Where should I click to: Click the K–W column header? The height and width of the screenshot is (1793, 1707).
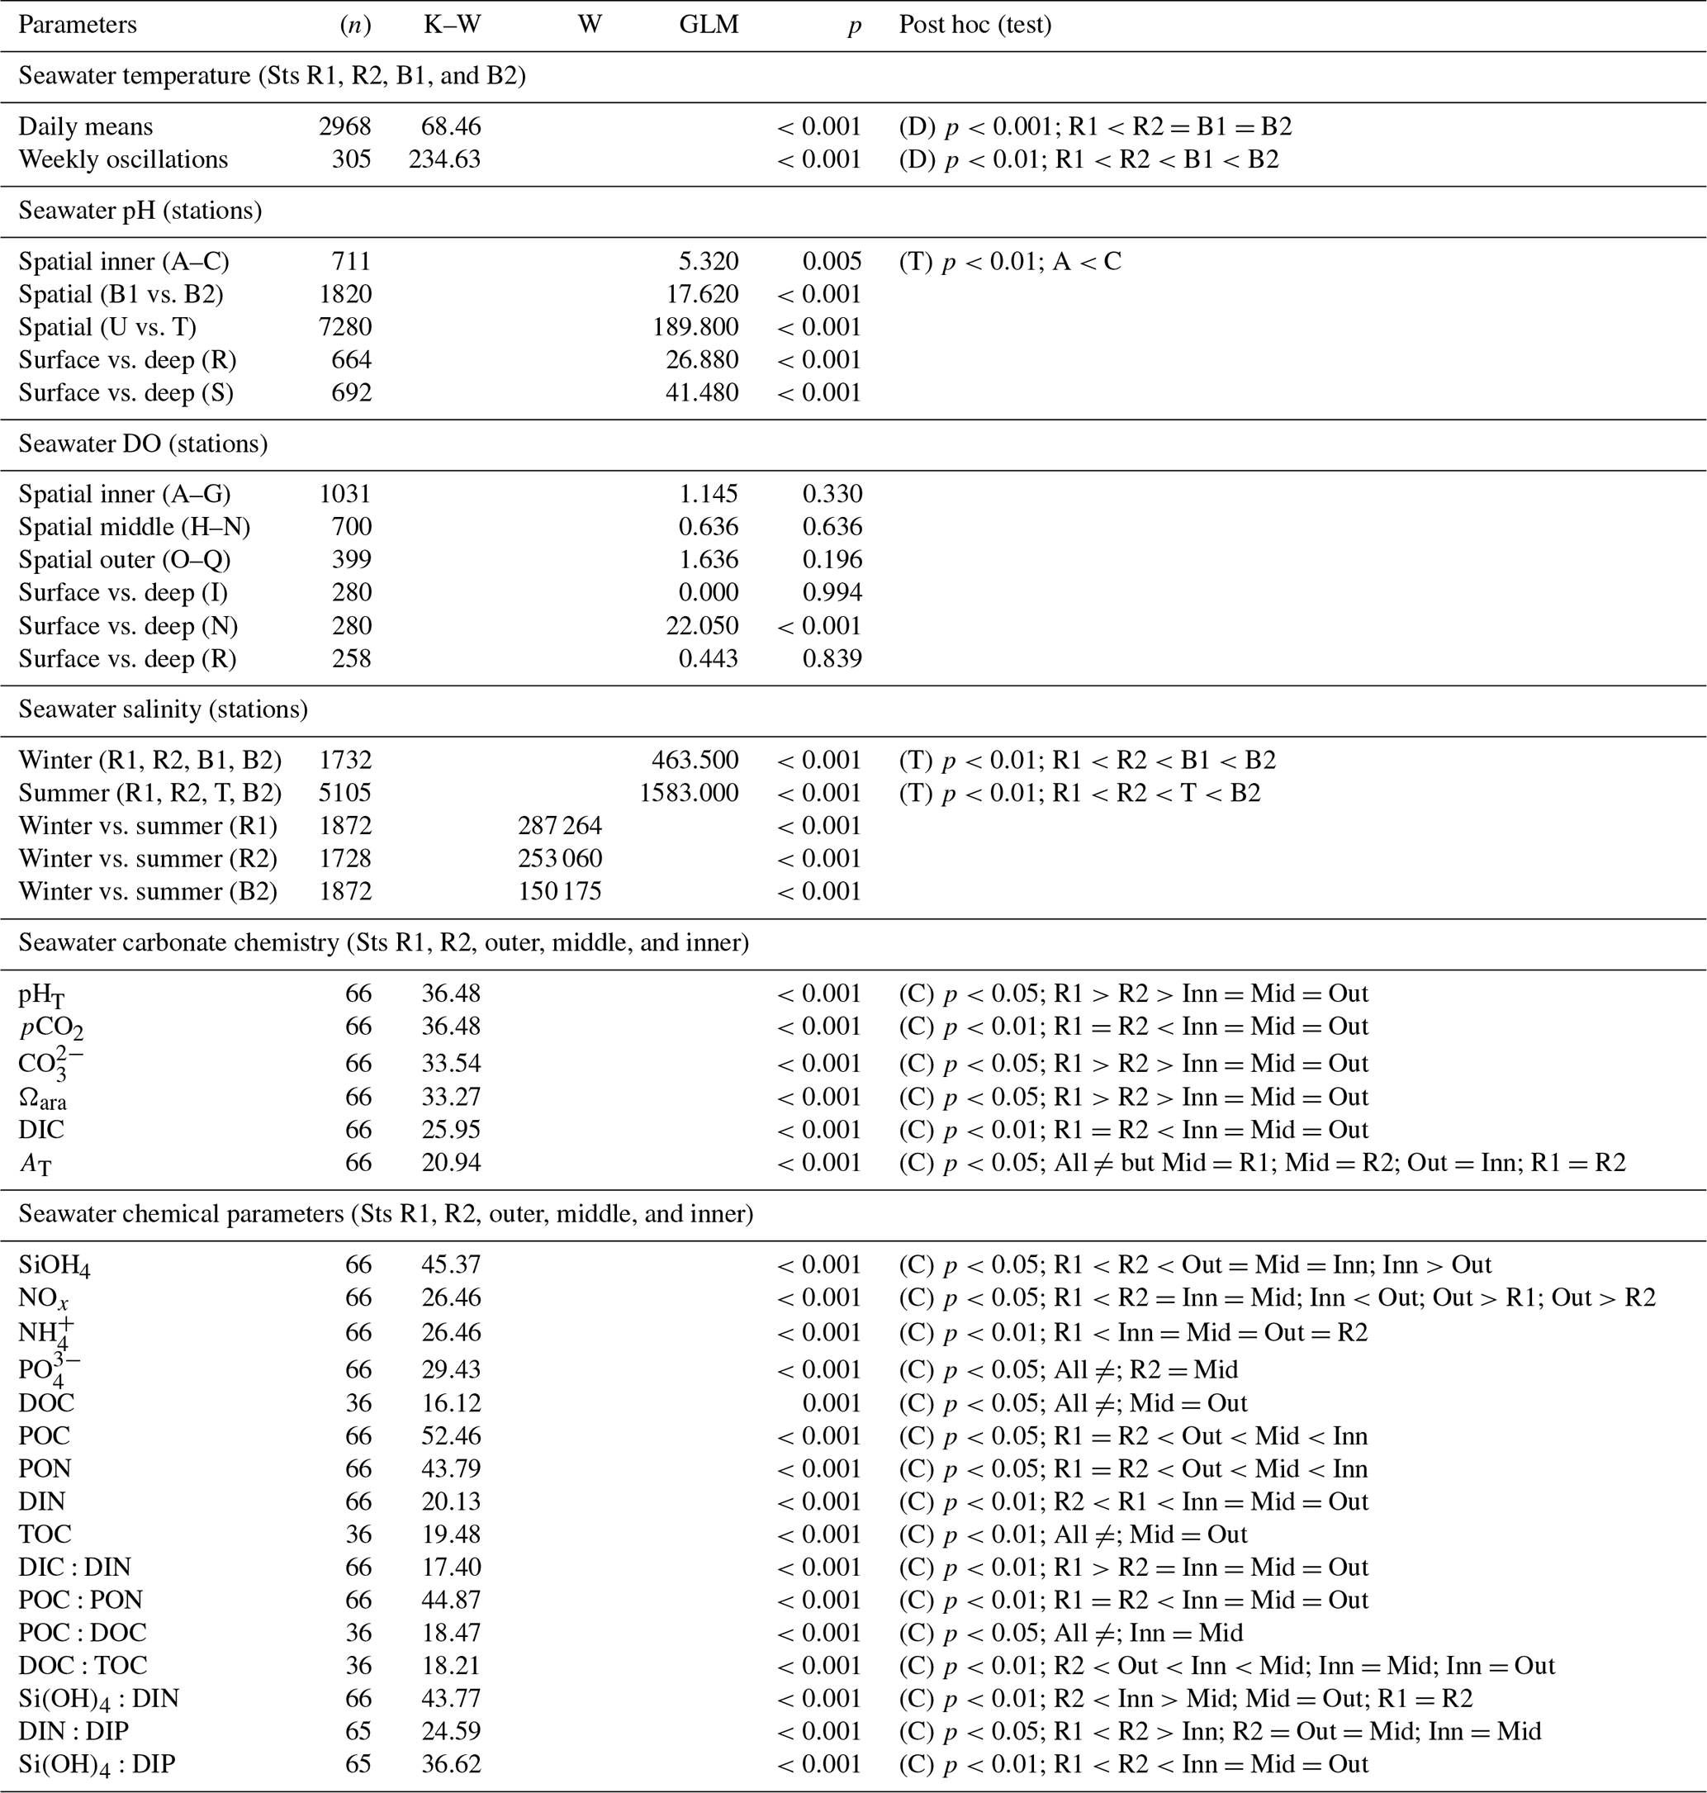(453, 25)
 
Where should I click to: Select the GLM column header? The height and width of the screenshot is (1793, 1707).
(709, 25)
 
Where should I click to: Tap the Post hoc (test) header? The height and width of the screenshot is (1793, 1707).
(975, 25)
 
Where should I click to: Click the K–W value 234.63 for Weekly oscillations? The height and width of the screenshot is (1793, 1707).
(444, 159)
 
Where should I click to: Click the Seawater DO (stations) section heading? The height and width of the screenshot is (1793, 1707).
(143, 444)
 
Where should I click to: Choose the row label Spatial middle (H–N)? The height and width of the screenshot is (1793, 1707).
(134, 527)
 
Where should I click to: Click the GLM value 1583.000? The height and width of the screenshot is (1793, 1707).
(689, 793)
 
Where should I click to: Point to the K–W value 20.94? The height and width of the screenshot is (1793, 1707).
(450, 1162)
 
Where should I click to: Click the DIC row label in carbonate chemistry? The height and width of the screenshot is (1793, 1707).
(41, 1130)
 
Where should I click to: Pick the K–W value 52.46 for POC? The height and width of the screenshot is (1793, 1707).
(450, 1435)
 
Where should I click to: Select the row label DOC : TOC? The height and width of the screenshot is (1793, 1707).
(83, 1665)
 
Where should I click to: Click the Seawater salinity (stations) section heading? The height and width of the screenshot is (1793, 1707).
(163, 709)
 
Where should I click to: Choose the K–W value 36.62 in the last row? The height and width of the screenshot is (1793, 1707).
(450, 1763)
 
